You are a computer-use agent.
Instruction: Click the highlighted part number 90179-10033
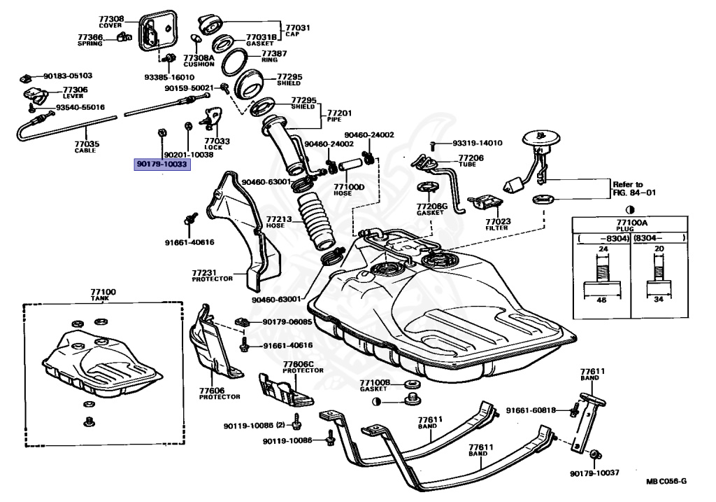pyautogui.click(x=162, y=164)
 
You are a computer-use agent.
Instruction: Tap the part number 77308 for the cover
pyautogui.click(x=111, y=19)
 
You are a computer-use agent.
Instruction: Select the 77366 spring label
pyautogui.click(x=90, y=38)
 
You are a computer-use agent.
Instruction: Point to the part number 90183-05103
pyautogui.click(x=68, y=76)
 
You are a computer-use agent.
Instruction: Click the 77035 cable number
pyautogui.click(x=87, y=144)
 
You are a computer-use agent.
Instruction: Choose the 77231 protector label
pyautogui.click(x=203, y=272)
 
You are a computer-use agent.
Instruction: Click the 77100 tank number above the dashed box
pyautogui.click(x=103, y=292)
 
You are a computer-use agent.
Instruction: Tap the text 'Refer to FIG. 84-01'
pyautogui.click(x=634, y=188)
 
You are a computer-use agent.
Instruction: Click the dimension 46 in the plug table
pyautogui.click(x=602, y=300)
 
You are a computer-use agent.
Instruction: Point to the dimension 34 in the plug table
pyautogui.click(x=659, y=300)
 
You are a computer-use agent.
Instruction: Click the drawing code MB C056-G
pyautogui.click(x=666, y=481)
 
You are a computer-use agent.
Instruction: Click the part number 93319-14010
pyautogui.click(x=477, y=143)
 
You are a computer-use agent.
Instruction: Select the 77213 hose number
pyautogui.click(x=279, y=219)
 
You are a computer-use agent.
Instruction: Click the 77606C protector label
pyautogui.click(x=298, y=364)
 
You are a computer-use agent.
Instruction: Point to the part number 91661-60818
pyautogui.click(x=531, y=410)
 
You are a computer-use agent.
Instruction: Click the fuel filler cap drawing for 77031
pyautogui.click(x=210, y=25)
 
